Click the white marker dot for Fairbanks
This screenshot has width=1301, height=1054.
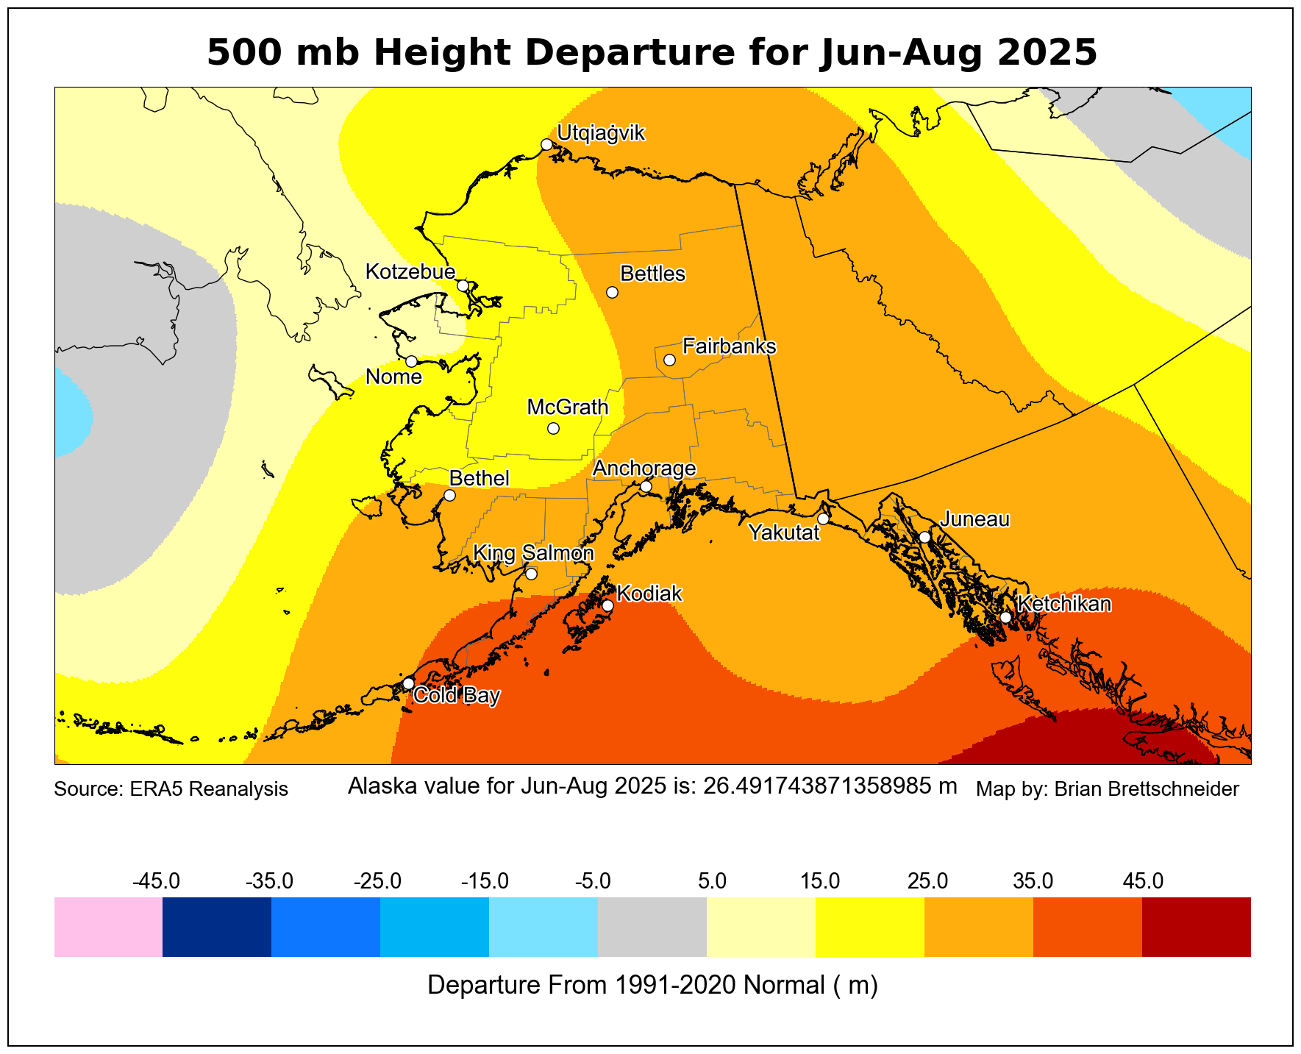pos(669,360)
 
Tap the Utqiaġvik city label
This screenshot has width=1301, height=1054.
pos(601,133)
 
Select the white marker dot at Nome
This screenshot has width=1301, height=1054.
pos(411,361)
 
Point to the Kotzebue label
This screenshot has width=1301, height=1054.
pos(410,272)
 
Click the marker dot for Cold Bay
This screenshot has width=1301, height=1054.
pos(408,683)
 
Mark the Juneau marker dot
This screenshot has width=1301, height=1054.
pos(924,537)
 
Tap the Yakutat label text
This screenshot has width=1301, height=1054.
pos(783,533)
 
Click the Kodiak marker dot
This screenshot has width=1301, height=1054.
pos(607,606)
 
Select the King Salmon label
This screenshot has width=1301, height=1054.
pos(532,553)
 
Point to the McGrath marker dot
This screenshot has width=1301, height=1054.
pos(553,428)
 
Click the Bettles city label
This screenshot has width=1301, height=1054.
pos(652,274)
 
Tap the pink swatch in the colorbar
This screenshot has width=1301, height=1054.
pos(108,927)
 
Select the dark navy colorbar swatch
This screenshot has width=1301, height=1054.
pos(217,927)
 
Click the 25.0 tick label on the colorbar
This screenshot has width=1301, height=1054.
pos(927,880)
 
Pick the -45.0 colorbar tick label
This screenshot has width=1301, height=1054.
pos(156,880)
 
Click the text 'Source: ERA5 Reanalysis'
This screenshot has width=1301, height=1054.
pos(171,789)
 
